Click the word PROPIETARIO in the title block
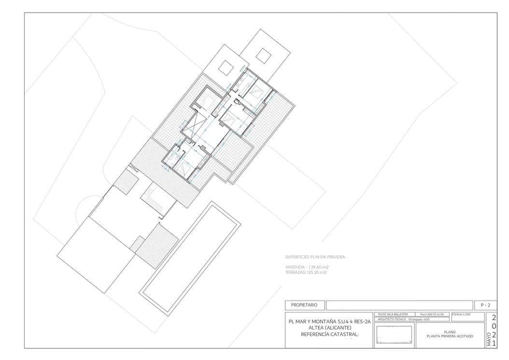(304, 305)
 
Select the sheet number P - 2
(485, 305)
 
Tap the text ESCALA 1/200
(462, 314)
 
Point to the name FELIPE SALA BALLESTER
(394, 314)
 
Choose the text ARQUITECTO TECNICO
(391, 319)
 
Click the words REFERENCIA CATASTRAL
(330, 334)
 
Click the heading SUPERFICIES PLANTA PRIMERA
(315, 257)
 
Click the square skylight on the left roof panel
(226, 67)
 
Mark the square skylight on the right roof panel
(263, 55)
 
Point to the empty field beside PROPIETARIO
(398, 305)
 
